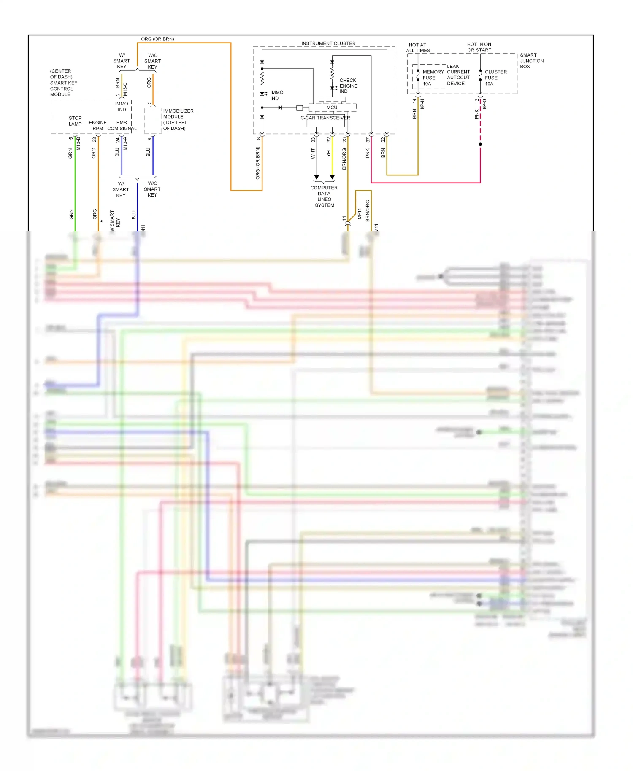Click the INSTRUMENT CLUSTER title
pos(328,43)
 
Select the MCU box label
pos(332,108)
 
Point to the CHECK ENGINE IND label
pos(348,86)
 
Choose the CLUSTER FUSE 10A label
pos(495,78)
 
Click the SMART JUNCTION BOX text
pos(531,61)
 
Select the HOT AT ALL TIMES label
pos(418,48)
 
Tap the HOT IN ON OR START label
pos(479,47)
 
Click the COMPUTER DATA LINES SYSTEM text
pos(324,197)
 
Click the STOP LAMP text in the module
pos(75,121)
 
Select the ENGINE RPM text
pos(97,126)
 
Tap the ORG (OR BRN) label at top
pos(157,39)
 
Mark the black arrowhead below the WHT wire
pos(316,177)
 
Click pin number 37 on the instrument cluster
pos(368,140)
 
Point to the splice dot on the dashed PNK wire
pos(480,144)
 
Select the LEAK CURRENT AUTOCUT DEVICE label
pos(458,75)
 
